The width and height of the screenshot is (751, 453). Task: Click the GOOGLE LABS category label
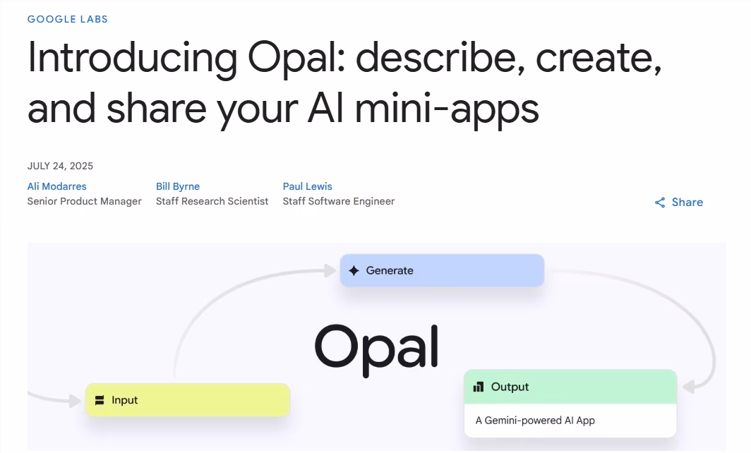pos(68,19)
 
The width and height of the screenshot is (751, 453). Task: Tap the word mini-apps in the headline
pos(446,109)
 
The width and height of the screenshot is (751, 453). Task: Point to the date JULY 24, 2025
pos(60,166)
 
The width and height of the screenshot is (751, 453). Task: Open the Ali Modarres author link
pos(57,186)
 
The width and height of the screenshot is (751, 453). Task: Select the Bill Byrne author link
pos(178,186)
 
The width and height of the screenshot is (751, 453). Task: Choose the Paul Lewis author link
pos(307,186)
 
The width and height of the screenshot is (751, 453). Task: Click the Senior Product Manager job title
pos(85,201)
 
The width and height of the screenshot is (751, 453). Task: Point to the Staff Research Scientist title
pos(212,201)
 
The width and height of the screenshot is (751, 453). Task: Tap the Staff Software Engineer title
pos(339,201)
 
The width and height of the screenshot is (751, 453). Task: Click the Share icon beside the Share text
pos(660,203)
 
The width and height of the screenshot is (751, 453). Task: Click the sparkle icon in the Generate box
pos(354,270)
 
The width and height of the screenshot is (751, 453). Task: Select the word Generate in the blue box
pos(390,270)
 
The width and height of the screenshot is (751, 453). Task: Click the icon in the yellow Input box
pos(100,400)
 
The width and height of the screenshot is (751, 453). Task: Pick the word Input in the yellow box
pos(125,400)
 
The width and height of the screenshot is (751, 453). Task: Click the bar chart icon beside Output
pos(479,387)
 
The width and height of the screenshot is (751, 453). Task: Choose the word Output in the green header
pos(510,387)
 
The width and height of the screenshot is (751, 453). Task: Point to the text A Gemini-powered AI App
pos(535,421)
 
